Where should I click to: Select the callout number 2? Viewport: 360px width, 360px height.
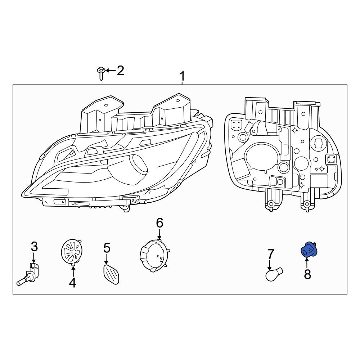pyautogui.click(x=120, y=71)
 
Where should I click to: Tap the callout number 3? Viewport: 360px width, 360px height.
pyautogui.click(x=34, y=247)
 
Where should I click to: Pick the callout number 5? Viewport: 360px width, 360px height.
pyautogui.click(x=107, y=248)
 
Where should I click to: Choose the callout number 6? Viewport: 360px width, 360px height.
pyautogui.click(x=159, y=223)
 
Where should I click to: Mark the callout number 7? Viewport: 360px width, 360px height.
pyautogui.click(x=271, y=255)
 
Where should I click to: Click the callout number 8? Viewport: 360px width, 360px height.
pyautogui.click(x=307, y=274)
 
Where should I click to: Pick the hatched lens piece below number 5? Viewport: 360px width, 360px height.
pyautogui.click(x=111, y=274)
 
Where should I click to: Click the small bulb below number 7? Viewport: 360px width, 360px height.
pyautogui.click(x=274, y=274)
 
